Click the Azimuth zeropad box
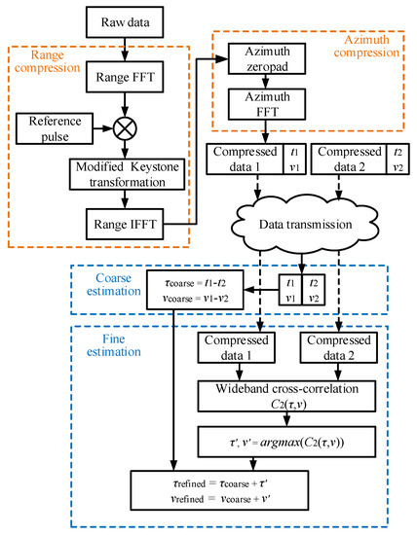click(263, 60)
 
